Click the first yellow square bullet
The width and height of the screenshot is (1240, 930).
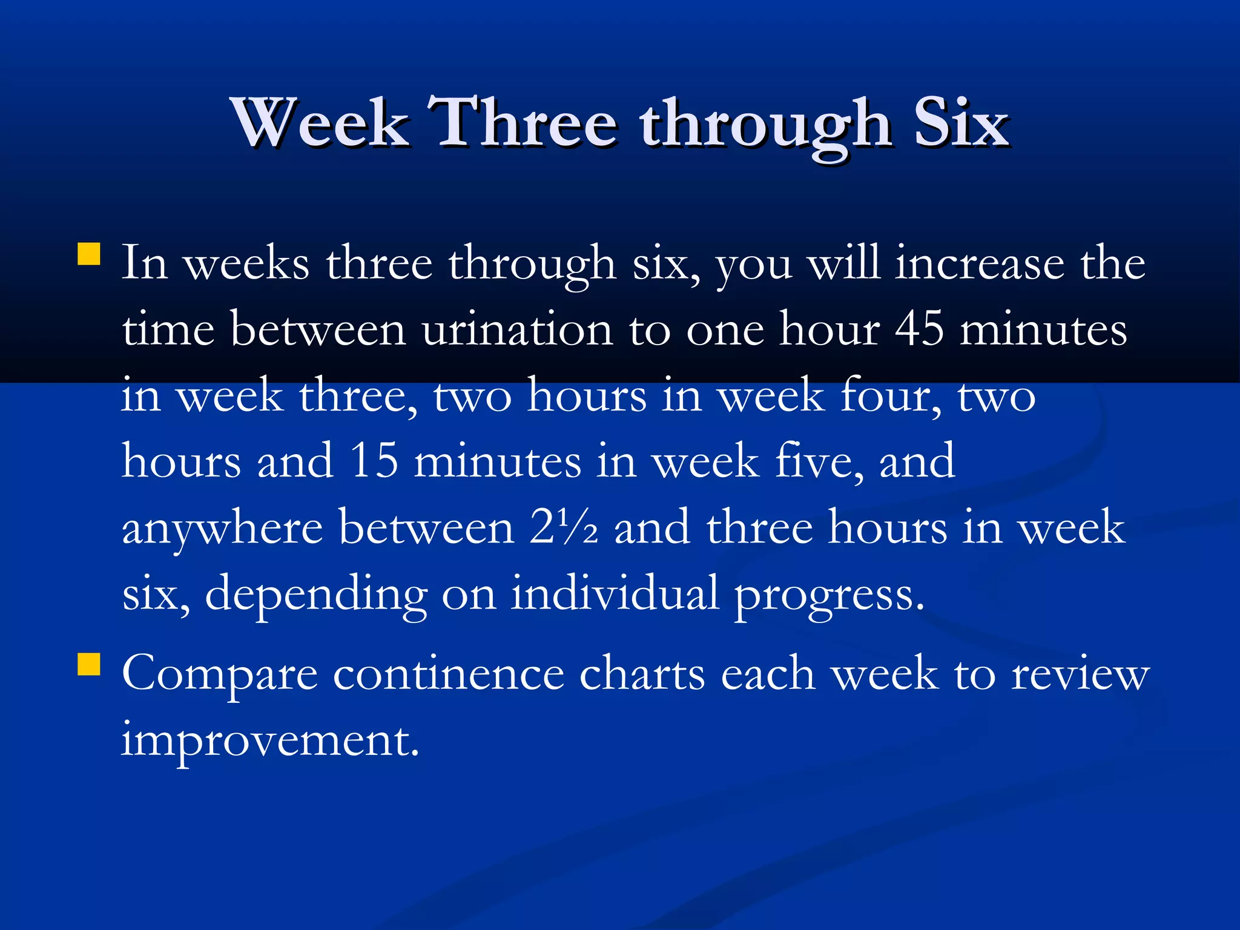pyautogui.click(x=89, y=254)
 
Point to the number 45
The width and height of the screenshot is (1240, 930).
pyautogui.click(x=919, y=330)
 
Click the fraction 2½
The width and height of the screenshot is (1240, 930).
pyautogui.click(x=564, y=527)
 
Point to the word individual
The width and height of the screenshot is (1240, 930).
pyautogui.click(x=615, y=593)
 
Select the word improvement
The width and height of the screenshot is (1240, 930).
pyautogui.click(x=270, y=740)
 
